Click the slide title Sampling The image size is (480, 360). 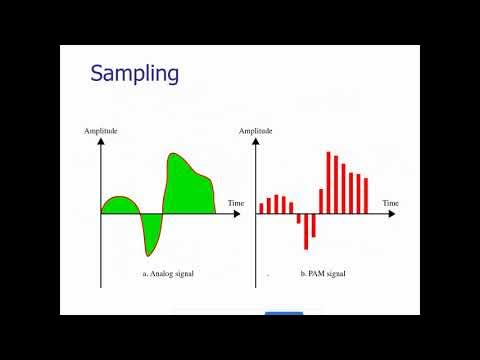[135, 73]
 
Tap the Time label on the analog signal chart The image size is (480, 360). [236, 203]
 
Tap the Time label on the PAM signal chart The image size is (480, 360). [390, 203]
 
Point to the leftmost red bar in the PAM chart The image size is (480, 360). [261, 208]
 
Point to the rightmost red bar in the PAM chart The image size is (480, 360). [366, 195]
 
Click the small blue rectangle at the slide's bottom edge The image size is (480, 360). [284, 313]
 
